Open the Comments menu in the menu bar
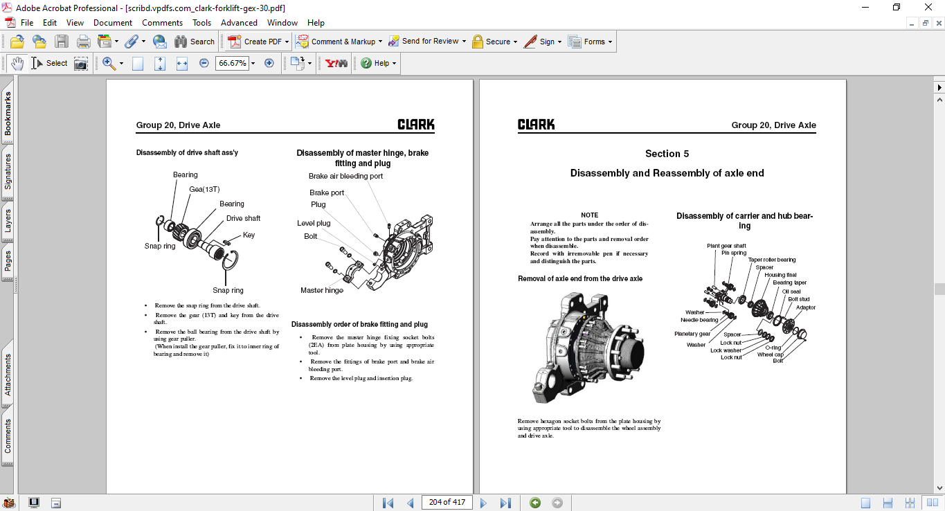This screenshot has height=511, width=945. tap(162, 23)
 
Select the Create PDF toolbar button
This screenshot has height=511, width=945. tap(258, 42)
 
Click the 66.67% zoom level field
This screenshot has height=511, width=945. tap(233, 63)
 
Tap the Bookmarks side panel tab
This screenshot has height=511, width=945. tap(8, 114)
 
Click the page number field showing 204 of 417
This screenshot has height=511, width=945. tap(447, 502)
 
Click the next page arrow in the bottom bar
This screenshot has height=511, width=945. tap(483, 503)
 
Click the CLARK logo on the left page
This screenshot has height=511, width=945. tap(415, 125)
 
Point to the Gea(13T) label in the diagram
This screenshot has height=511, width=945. tap(204, 189)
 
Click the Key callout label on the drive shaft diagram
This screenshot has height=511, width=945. tap(249, 235)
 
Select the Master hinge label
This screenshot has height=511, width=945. tap(322, 290)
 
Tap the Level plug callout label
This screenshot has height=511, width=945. tap(314, 223)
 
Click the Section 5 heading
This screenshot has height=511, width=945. tap(667, 154)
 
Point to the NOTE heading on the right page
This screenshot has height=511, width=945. tap(589, 215)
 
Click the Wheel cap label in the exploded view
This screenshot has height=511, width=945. tap(771, 355)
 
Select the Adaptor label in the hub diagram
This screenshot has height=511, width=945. tap(805, 307)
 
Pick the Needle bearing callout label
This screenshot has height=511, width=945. tap(699, 320)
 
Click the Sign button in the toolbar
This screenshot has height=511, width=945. tap(543, 42)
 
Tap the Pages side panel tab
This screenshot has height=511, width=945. tap(8, 261)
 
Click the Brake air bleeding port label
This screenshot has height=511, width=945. tap(345, 176)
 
